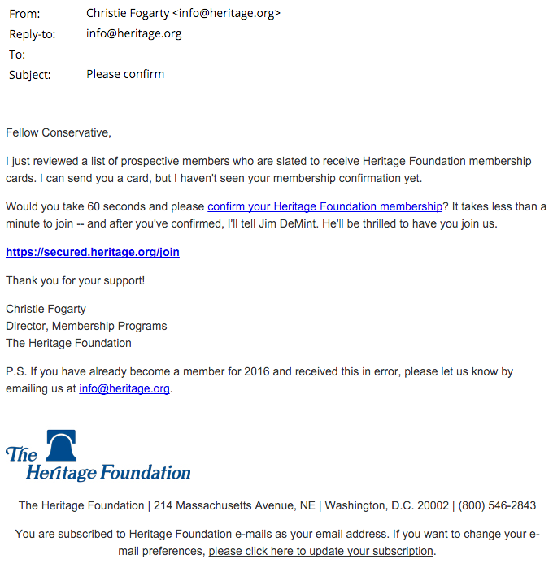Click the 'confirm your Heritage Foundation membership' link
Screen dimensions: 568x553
pos(324,206)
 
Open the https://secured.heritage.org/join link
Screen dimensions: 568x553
pos(93,252)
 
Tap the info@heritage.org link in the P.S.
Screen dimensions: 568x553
pos(124,388)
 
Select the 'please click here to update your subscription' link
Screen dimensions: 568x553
pos(321,551)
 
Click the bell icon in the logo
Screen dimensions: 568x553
pos(61,446)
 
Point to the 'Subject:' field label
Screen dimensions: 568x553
pos(30,75)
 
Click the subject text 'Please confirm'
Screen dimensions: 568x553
pos(125,74)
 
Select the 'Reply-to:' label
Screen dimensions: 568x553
pos(33,34)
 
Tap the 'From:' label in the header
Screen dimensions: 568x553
pos(24,14)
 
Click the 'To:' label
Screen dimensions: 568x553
pos(17,54)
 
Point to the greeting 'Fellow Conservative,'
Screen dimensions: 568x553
pos(59,132)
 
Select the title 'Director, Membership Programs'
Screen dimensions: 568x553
pos(86,326)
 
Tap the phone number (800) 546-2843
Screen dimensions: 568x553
pos(497,505)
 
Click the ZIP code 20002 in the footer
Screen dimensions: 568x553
pos(432,505)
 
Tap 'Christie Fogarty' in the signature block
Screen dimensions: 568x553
pos(46,309)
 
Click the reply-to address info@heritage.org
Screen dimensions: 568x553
pos(134,34)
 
